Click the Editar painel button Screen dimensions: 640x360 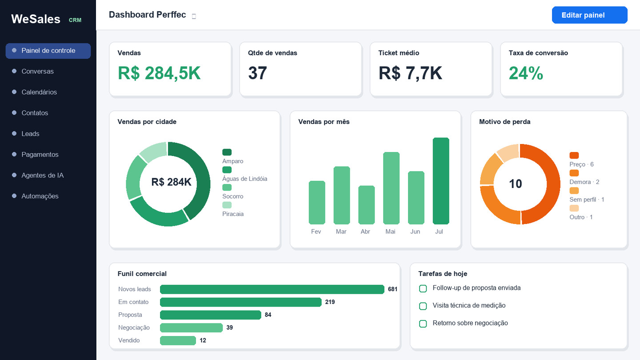(589, 15)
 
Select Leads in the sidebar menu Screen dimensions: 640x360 (30, 134)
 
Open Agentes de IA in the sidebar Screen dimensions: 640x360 (43, 175)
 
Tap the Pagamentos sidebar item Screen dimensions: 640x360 (40, 155)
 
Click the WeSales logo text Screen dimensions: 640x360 (36, 19)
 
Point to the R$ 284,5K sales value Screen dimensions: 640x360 (159, 73)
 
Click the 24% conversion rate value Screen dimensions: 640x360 (526, 73)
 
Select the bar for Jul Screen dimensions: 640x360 (441, 181)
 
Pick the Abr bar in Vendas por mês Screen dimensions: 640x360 (367, 205)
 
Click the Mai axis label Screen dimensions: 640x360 (390, 232)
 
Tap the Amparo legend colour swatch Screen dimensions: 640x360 (227, 152)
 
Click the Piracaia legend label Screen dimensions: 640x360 (233, 214)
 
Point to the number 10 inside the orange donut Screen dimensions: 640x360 (516, 184)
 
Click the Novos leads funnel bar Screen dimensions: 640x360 (272, 289)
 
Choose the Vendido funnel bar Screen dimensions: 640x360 (178, 340)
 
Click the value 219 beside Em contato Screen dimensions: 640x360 (330, 302)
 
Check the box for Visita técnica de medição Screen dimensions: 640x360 (423, 306)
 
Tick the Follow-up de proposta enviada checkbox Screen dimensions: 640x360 (423, 288)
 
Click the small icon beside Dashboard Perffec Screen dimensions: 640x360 (194, 16)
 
